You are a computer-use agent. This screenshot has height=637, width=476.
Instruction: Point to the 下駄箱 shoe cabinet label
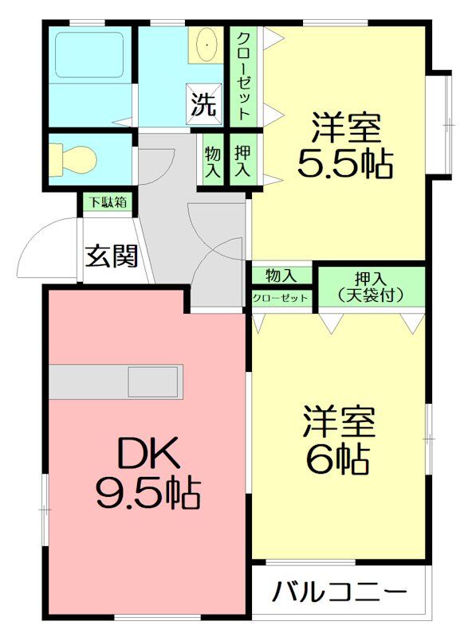pos(107,202)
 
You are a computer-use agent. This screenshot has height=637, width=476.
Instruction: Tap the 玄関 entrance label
pos(112,256)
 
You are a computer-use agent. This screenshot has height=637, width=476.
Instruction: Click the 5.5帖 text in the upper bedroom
pos(344,164)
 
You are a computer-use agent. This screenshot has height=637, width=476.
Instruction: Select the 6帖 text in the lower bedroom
pos(337,458)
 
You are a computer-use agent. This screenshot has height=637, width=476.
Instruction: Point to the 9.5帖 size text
pos(148,494)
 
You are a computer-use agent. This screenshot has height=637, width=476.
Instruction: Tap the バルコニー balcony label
pos(340,592)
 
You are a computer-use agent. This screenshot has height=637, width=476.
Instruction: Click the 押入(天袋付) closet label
pos(371,287)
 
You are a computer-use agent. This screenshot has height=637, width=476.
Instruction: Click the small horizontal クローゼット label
pos(280,298)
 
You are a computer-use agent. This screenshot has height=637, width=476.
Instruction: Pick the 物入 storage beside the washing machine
pos(213,160)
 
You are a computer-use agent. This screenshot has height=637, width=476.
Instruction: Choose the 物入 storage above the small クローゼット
pos(281,276)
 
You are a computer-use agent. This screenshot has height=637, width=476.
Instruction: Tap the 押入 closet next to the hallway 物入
pos(242,160)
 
